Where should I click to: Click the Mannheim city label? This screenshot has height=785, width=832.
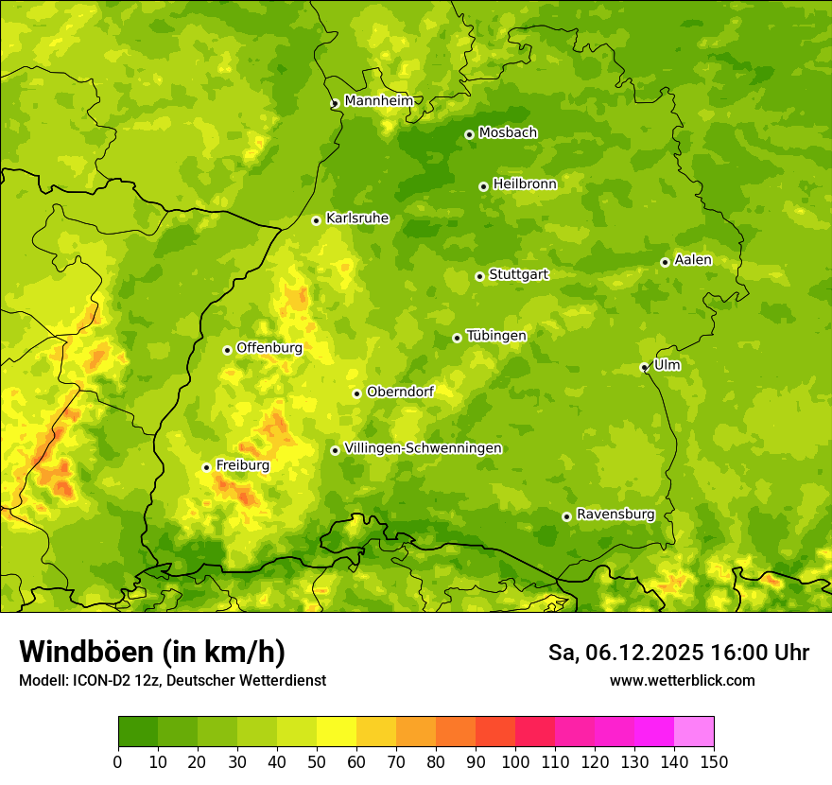pos(378,100)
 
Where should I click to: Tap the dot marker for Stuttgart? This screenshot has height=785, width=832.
pos(479,276)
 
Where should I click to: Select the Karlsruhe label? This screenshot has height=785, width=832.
pos(356,218)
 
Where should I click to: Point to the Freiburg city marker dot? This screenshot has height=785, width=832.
pos(206,467)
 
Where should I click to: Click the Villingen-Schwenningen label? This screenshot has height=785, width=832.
pos(423,448)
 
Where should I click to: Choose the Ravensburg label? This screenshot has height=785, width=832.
pos(615,515)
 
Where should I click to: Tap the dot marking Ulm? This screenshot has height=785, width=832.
pos(644,367)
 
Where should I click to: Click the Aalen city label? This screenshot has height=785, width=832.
pos(692,260)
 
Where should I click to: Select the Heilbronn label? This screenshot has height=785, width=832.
pos(524,184)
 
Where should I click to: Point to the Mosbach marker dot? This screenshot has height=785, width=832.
pos(469,134)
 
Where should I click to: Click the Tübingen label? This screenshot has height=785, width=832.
pos(495,336)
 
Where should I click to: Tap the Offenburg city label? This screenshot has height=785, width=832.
pos(269,348)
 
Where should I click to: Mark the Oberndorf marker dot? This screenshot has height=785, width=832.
pos(356,393)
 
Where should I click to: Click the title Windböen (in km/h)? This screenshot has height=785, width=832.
pos(151,652)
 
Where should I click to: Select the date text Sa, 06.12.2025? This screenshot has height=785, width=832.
pos(626,653)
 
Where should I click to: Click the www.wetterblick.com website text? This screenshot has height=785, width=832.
pos(682,680)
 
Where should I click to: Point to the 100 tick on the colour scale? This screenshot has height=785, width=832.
pos(515,762)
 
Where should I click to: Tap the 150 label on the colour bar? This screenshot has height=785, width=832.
pos(714,762)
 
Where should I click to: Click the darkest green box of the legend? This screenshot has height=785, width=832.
pos(138,732)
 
